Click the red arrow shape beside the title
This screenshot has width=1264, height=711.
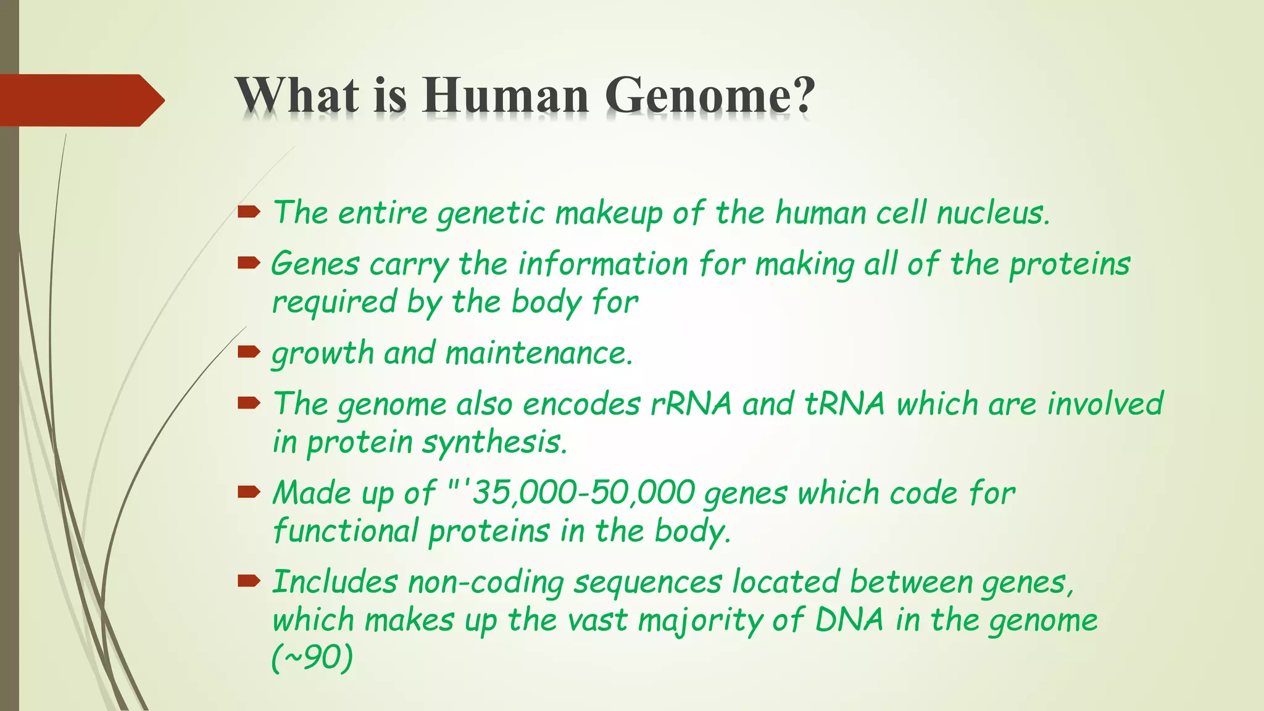[80, 100]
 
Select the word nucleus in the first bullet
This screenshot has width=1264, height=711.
[992, 213]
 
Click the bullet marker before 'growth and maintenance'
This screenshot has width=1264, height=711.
[249, 352]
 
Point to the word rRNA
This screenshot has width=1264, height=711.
[691, 404]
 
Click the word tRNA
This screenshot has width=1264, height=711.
[845, 404]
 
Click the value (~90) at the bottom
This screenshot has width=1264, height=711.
[312, 658]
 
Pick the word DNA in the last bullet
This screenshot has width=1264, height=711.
[849, 620]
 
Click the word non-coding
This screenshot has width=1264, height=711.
[486, 583]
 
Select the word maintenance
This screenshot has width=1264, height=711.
[539, 354]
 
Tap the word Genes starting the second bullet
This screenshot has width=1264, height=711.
[315, 265]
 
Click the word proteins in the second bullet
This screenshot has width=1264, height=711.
[1070, 265]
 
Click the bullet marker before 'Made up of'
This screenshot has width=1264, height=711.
[249, 492]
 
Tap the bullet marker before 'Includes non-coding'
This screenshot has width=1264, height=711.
[249, 580]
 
